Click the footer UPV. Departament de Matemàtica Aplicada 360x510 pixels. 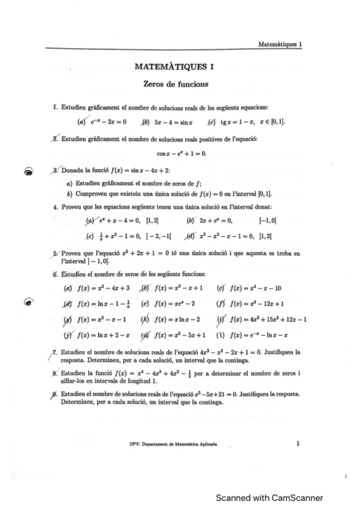174,444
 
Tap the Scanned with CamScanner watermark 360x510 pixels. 270,497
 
